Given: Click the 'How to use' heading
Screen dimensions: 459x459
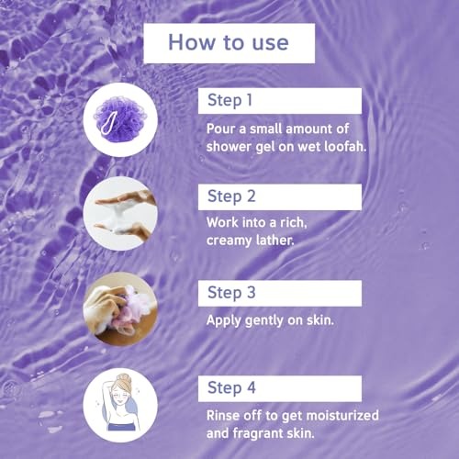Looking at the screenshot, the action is [x=229, y=42].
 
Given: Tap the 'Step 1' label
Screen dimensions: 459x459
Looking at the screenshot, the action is [x=229, y=100].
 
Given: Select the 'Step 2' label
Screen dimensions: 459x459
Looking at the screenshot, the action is [x=231, y=196].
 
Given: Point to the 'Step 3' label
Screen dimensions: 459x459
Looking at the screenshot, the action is [x=231, y=293].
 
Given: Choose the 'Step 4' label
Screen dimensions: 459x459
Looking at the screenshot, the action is [x=231, y=388].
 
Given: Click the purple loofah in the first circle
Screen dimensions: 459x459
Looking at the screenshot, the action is [x=120, y=118].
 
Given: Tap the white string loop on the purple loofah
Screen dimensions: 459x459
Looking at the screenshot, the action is [x=108, y=124].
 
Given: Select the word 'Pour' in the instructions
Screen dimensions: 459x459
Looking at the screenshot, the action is [x=220, y=129].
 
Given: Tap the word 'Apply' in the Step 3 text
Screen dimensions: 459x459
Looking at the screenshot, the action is [x=223, y=321].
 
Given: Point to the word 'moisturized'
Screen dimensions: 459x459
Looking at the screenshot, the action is [x=342, y=416].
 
